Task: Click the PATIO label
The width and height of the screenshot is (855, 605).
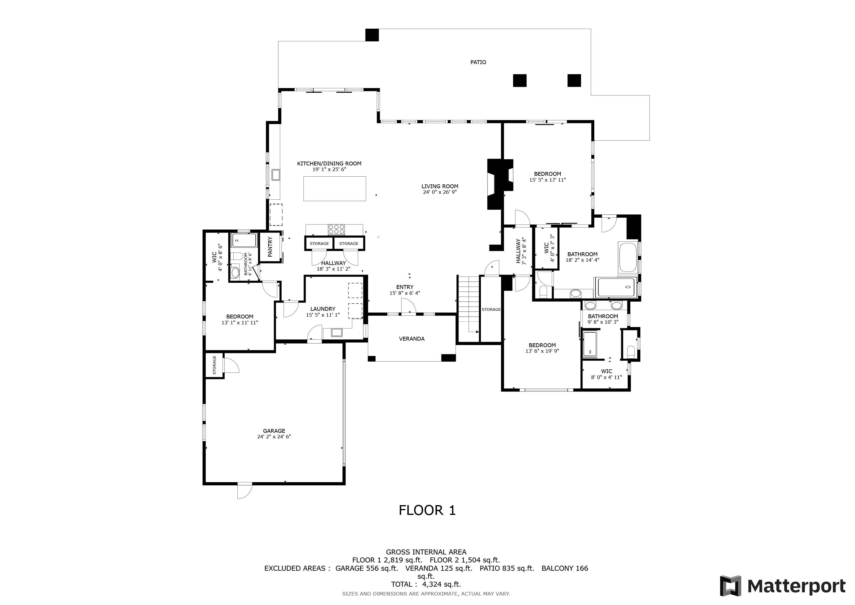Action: pyautogui.click(x=478, y=62)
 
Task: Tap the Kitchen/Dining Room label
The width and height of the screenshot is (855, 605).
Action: pyautogui.click(x=329, y=164)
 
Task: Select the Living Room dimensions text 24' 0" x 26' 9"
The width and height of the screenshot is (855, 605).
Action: pyautogui.click(x=440, y=192)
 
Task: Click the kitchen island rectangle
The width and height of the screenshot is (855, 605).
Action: pyautogui.click(x=335, y=188)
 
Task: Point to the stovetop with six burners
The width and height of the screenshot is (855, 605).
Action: pyautogui.click(x=336, y=229)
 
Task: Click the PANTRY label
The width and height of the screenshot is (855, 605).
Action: pyautogui.click(x=270, y=247)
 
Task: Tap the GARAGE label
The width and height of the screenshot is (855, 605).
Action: pyautogui.click(x=274, y=431)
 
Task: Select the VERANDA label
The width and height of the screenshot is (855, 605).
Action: pyautogui.click(x=412, y=339)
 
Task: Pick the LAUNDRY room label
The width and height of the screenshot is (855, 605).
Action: pyautogui.click(x=323, y=309)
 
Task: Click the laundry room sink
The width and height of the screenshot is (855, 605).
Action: pyautogui.click(x=337, y=333)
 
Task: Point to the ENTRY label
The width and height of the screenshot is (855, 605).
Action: pyautogui.click(x=405, y=287)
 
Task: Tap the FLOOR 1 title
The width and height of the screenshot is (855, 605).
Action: pyautogui.click(x=427, y=510)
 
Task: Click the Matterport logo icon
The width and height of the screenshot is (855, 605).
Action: pyautogui.click(x=730, y=586)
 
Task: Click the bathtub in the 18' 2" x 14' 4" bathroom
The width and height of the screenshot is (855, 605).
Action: pyautogui.click(x=628, y=257)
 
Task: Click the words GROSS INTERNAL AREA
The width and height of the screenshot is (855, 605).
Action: pyautogui.click(x=426, y=552)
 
